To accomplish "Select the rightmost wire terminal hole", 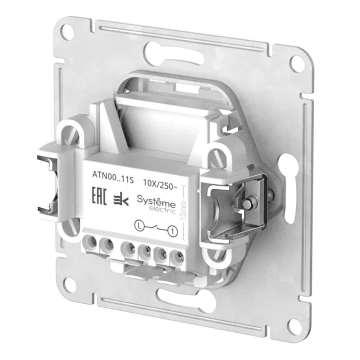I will click(x=177, y=257).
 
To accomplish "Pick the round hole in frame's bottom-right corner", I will click(x=293, y=326).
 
